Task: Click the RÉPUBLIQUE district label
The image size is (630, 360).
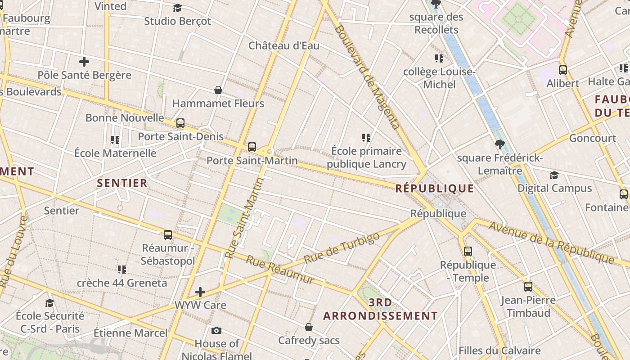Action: (x=434, y=188)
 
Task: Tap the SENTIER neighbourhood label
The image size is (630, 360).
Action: (x=122, y=183)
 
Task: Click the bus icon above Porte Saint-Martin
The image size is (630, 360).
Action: (x=252, y=147)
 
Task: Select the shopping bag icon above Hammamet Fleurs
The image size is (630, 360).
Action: (x=218, y=90)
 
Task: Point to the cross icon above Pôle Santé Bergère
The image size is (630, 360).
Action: (x=84, y=62)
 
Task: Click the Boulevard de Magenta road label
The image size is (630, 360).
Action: (x=367, y=76)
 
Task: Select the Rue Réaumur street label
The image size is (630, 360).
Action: (x=280, y=270)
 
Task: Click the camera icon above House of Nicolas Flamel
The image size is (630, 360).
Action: (x=216, y=331)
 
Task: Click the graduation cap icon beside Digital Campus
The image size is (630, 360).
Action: (x=554, y=175)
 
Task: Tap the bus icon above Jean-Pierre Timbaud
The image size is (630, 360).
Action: (x=528, y=287)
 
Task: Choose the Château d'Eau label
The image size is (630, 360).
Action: (x=284, y=45)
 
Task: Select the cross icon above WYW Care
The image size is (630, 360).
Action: (x=200, y=292)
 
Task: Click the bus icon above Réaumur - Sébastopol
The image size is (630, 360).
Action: (x=168, y=234)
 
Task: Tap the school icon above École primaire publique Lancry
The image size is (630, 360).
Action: (x=366, y=138)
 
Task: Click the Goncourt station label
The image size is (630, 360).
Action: (x=592, y=138)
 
